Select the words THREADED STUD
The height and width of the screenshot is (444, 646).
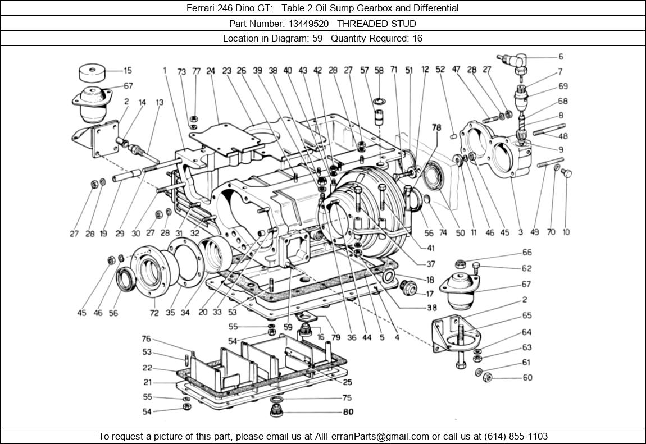376,24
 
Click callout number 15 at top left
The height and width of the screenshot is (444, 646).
128,71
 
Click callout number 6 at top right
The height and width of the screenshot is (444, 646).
561,57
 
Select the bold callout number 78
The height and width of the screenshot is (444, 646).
436,127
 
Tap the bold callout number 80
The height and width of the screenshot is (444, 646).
348,412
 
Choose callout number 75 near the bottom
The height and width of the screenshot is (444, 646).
347,398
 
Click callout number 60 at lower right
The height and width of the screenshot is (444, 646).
527,378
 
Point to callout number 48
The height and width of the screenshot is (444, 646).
563,136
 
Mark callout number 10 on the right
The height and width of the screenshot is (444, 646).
566,232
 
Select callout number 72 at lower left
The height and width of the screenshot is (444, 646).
153,313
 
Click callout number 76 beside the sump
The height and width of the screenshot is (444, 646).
146,339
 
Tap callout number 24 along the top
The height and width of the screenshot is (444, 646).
211,71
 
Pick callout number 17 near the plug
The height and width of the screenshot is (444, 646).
430,294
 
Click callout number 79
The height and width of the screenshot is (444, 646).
336,337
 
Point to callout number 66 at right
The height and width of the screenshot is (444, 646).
527,253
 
